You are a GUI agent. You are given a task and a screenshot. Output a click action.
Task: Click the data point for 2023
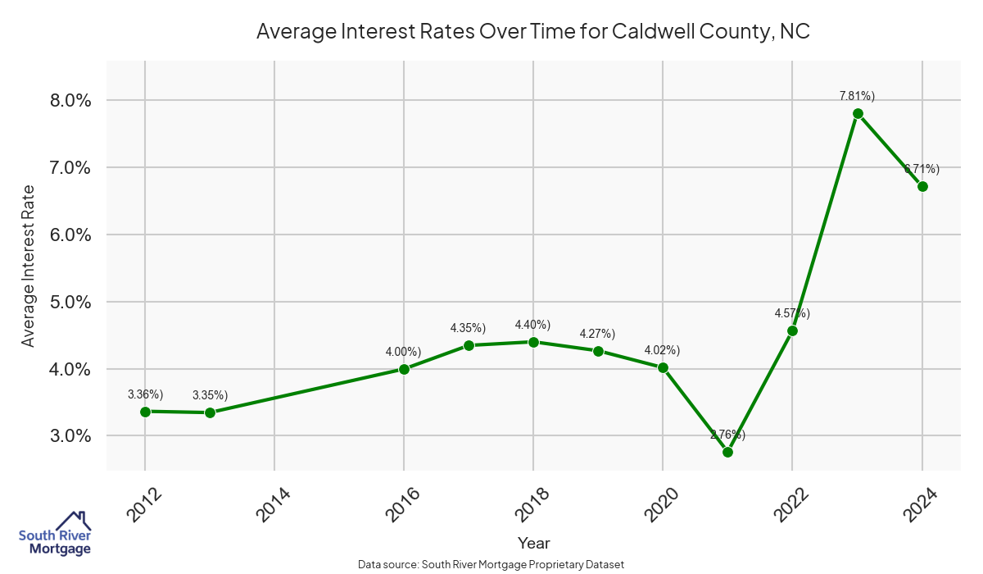pyautogui.click(x=858, y=113)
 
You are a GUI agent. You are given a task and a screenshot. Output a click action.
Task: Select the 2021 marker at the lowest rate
pyautogui.click(x=727, y=452)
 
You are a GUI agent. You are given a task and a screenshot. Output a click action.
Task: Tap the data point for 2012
pyautogui.click(x=145, y=412)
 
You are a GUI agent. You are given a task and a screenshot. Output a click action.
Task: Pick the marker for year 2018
pyautogui.click(x=533, y=342)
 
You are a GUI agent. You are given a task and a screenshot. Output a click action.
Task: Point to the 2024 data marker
pyautogui.click(x=922, y=186)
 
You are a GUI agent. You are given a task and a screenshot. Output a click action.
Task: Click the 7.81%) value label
pyautogui.click(x=857, y=96)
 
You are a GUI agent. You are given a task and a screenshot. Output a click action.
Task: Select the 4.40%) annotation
pyautogui.click(x=532, y=325)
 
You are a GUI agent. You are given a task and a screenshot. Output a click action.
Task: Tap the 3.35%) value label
pyautogui.click(x=210, y=395)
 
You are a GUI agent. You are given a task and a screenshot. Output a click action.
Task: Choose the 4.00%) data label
pyautogui.click(x=403, y=352)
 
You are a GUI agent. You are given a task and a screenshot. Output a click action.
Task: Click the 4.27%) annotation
pyautogui.click(x=597, y=334)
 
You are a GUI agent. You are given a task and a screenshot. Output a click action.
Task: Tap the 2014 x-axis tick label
pyautogui.click(x=273, y=503)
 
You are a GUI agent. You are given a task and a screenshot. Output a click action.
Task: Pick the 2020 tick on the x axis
pyautogui.click(x=661, y=503)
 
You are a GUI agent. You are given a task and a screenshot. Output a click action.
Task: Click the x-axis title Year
pyautogui.click(x=534, y=543)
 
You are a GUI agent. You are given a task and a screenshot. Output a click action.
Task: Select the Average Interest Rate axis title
pyautogui.click(x=29, y=266)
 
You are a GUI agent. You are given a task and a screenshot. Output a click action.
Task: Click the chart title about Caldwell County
pyautogui.click(x=533, y=32)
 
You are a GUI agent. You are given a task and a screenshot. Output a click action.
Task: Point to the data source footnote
pyautogui.click(x=491, y=564)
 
